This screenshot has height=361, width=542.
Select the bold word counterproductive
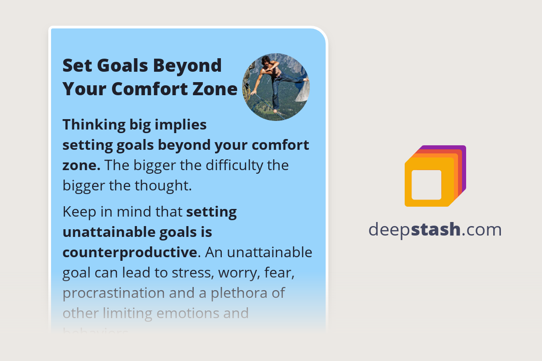(130, 252)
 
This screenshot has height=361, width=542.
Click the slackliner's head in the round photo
(268, 62)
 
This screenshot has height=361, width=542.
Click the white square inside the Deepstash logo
(426, 185)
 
